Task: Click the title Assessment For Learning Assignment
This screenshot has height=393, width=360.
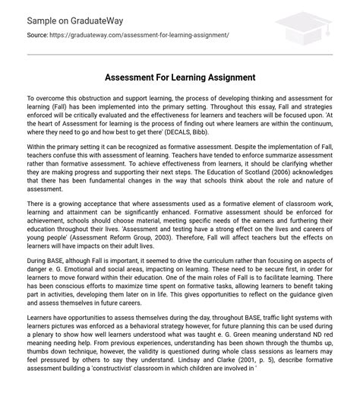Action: (180, 78)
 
